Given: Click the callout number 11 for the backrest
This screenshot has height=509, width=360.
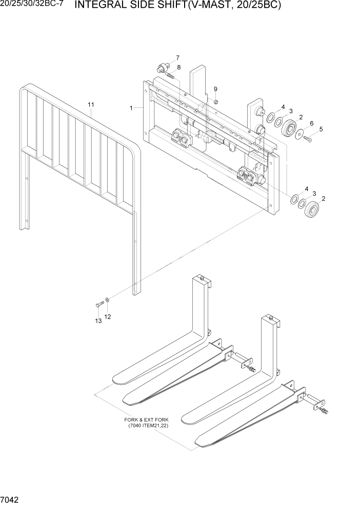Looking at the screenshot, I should (x=91, y=105).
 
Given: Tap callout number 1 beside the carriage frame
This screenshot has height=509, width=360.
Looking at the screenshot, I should (x=132, y=108).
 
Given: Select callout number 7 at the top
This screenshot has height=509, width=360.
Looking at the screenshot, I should (x=178, y=57).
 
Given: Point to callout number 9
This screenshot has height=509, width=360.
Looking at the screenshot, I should (x=215, y=89).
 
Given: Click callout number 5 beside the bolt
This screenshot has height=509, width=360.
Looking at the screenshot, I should (x=321, y=129).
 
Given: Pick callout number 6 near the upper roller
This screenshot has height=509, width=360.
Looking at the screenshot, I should (x=311, y=123).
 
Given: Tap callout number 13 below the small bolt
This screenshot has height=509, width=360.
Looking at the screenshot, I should (x=98, y=321).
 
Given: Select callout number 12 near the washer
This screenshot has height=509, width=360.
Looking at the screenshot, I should (x=108, y=317).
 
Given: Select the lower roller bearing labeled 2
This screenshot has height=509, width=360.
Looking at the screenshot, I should (x=312, y=210).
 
